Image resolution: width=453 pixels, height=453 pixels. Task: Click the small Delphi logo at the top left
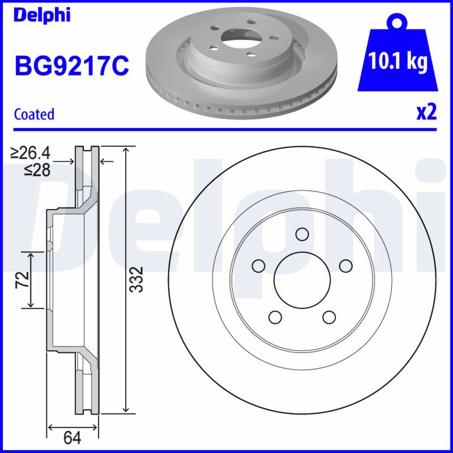tap(42, 15)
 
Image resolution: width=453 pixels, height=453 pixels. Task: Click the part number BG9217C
tap(72, 66)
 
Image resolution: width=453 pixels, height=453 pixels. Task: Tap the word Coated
tap(34, 114)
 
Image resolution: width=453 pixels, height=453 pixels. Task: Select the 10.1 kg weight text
tap(398, 62)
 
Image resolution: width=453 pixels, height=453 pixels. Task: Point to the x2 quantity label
tap(426, 112)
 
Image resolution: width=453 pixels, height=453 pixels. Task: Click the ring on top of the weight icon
tap(398, 20)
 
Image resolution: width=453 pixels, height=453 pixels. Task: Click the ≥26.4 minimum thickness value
tap(30, 153)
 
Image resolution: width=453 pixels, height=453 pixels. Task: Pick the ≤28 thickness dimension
tap(37, 170)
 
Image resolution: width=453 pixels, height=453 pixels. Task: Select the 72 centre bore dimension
tap(23, 279)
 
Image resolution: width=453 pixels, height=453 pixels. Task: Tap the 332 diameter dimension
tap(136, 279)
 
